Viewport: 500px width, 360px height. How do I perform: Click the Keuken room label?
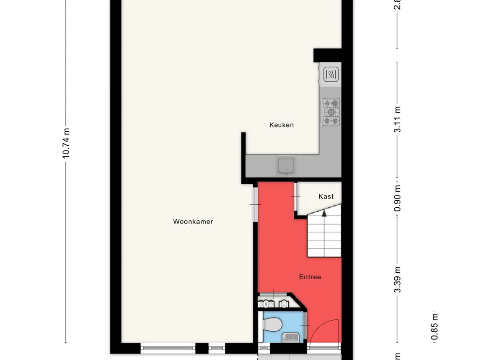click(281, 125)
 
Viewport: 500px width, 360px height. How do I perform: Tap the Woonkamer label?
click(193, 222)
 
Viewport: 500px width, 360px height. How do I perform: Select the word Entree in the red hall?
click(310, 277)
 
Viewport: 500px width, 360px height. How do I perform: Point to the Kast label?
click(326, 196)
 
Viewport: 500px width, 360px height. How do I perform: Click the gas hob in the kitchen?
click(331, 112)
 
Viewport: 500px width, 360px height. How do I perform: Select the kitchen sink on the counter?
click(286, 166)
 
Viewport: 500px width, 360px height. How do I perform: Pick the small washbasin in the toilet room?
click(290, 337)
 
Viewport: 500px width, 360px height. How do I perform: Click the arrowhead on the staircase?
click(324, 213)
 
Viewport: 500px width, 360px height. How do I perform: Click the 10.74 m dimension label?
click(66, 143)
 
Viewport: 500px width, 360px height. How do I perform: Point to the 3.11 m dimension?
click(397, 120)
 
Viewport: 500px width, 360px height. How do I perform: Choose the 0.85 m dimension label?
click(434, 327)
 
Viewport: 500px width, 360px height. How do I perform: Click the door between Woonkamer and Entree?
click(256, 204)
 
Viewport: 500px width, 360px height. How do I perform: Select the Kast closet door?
click(296, 197)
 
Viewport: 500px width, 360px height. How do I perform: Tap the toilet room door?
click(306, 326)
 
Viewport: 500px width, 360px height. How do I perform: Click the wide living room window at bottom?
click(168, 348)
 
